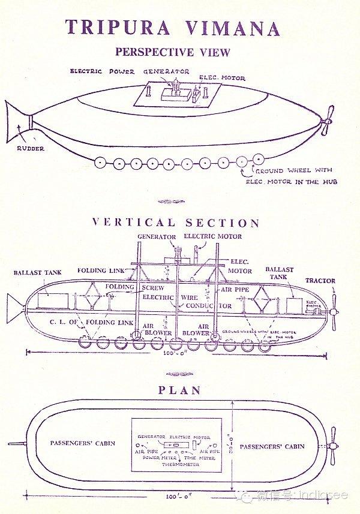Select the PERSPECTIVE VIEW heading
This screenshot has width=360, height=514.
pos(173,52)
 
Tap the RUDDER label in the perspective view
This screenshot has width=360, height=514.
pos(29,149)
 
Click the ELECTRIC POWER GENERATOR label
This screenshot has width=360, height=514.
pos(130,71)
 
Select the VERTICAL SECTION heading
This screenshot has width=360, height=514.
pos(176,223)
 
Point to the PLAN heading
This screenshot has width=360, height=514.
pos(179,390)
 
